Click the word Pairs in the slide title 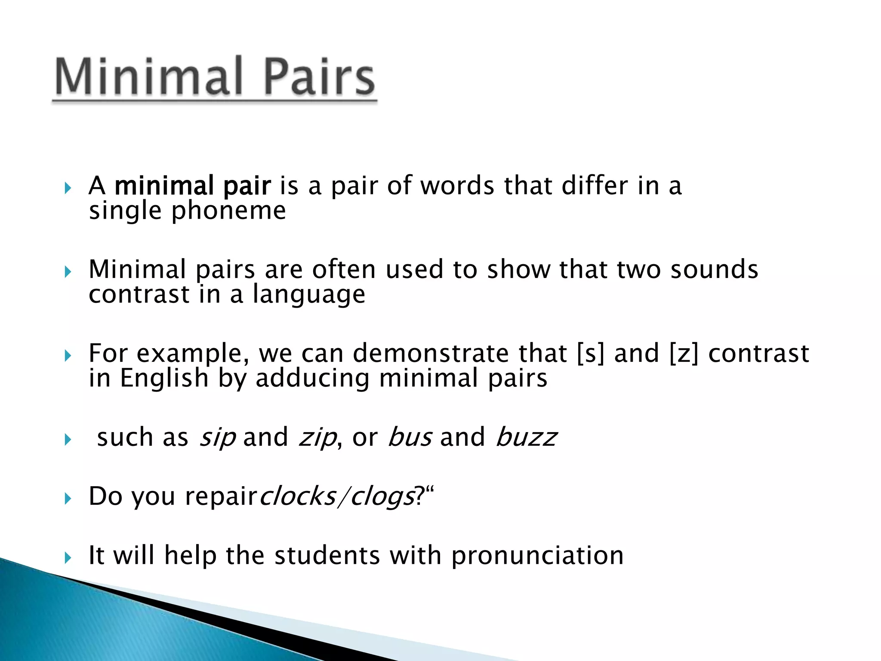(x=318, y=77)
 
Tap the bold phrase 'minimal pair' (x=193, y=186)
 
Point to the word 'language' (x=309, y=295)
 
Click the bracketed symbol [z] (x=684, y=354)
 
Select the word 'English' (x=164, y=378)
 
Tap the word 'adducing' (x=312, y=378)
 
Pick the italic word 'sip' (x=217, y=438)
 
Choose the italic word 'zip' (x=317, y=438)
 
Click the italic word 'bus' (x=410, y=437)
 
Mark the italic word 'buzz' (x=526, y=437)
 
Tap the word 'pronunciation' (x=537, y=556)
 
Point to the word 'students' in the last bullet (x=327, y=555)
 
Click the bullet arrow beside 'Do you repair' (x=68, y=499)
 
